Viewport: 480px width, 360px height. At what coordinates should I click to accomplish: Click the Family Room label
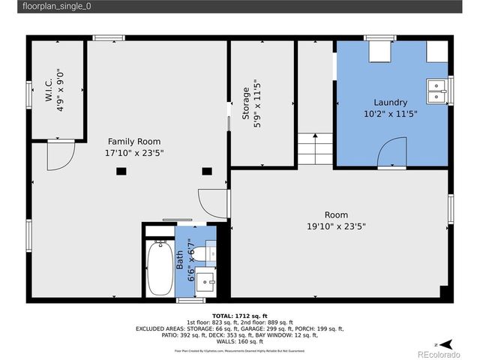[x=133, y=141]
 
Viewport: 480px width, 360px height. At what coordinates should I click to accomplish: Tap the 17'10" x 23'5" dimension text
[x=133, y=152]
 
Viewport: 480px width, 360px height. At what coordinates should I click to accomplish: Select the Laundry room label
[x=390, y=103]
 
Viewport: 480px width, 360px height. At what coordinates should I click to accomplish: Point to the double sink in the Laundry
[x=435, y=89]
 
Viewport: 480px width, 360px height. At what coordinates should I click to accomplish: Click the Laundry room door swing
[x=391, y=155]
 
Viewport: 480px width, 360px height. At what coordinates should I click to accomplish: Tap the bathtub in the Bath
[x=158, y=267]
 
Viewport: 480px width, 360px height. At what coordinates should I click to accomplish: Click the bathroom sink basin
[x=207, y=283]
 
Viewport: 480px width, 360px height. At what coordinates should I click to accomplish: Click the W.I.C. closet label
[x=49, y=91]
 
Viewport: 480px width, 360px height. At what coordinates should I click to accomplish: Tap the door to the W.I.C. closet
[x=59, y=154]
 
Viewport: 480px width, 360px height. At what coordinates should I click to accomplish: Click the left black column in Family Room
[x=120, y=171]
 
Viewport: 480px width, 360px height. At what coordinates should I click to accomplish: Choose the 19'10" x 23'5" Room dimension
[x=335, y=226]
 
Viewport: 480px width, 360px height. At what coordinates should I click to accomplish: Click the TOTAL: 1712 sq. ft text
[x=239, y=316]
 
